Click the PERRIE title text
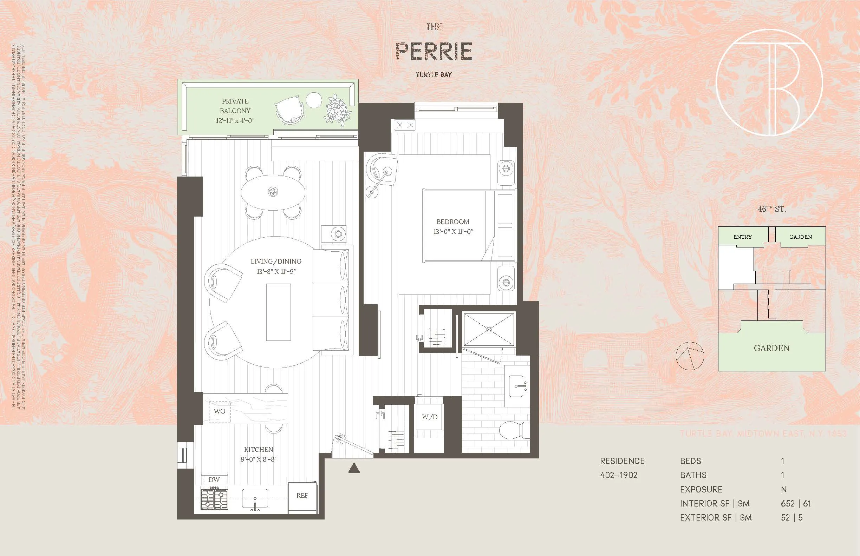pyautogui.click(x=434, y=51)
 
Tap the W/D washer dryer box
pyautogui.click(x=429, y=417)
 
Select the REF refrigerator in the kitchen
pyautogui.click(x=302, y=496)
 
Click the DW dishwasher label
pyautogui.click(x=214, y=479)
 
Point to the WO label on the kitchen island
pyautogui.click(x=219, y=411)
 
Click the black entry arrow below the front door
pyautogui.click(x=354, y=469)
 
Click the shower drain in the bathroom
pyautogui.click(x=489, y=329)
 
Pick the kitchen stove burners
pyautogui.click(x=214, y=498)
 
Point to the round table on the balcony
pyautogui.click(x=314, y=100)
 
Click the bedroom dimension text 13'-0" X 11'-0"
pyautogui.click(x=453, y=231)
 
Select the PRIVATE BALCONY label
pyautogui.click(x=235, y=106)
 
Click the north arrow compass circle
pyautogui.click(x=690, y=356)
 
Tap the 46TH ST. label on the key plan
pyautogui.click(x=771, y=209)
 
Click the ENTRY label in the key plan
pyautogui.click(x=742, y=237)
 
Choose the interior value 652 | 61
pyautogui.click(x=796, y=503)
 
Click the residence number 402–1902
pyautogui.click(x=618, y=475)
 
